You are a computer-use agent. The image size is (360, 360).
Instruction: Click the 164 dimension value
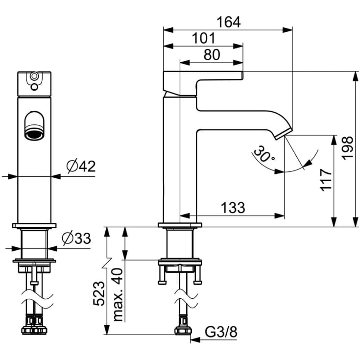pyautogui.click(x=229, y=22)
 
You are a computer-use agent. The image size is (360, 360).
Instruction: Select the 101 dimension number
pyautogui.click(x=204, y=38)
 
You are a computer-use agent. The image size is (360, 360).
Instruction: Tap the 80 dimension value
pyautogui.click(x=212, y=55)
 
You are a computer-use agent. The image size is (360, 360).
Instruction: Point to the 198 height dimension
pyautogui.click(x=347, y=148)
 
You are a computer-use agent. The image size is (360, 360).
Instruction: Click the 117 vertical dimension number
pyautogui.click(x=326, y=180)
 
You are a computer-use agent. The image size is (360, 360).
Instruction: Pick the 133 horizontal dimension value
pyautogui.click(x=233, y=208)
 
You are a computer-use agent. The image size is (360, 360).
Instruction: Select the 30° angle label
pyautogui.click(x=264, y=153)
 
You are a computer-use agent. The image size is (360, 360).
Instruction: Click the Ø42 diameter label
pyautogui.click(x=81, y=167)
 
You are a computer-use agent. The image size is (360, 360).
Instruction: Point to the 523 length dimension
pyautogui.click(x=99, y=293)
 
